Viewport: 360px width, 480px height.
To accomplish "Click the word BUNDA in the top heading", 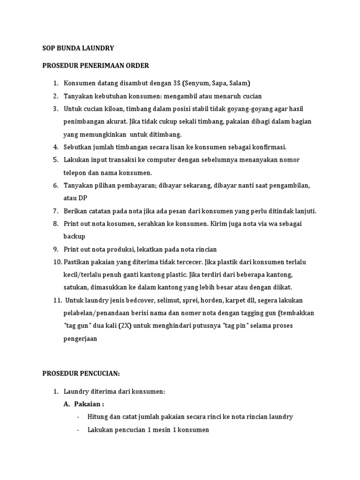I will point(71,48).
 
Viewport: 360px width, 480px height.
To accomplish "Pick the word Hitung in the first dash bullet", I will point(97,416).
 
